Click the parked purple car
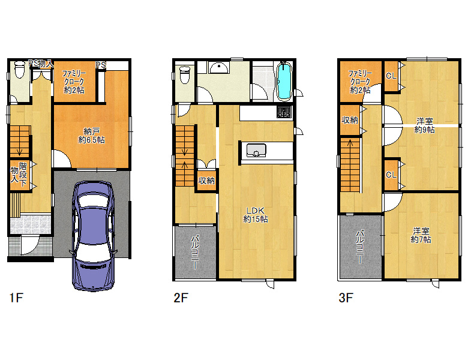click(93, 236)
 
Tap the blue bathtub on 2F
click(284, 81)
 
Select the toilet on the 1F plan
click(20, 69)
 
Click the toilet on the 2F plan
click(184, 74)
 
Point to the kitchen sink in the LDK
click(256, 150)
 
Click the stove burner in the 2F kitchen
click(284, 112)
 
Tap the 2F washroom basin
click(219, 68)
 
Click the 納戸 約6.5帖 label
click(92, 135)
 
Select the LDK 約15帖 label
click(256, 215)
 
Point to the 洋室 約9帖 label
click(425, 125)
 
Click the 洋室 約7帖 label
click(421, 235)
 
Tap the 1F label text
click(16, 298)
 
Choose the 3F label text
click(346, 298)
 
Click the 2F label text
click(181, 298)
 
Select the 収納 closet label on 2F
click(206, 180)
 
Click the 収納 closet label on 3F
click(350, 120)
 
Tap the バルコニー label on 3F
click(361, 247)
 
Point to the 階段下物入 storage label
click(19, 175)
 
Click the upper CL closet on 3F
click(391, 76)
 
